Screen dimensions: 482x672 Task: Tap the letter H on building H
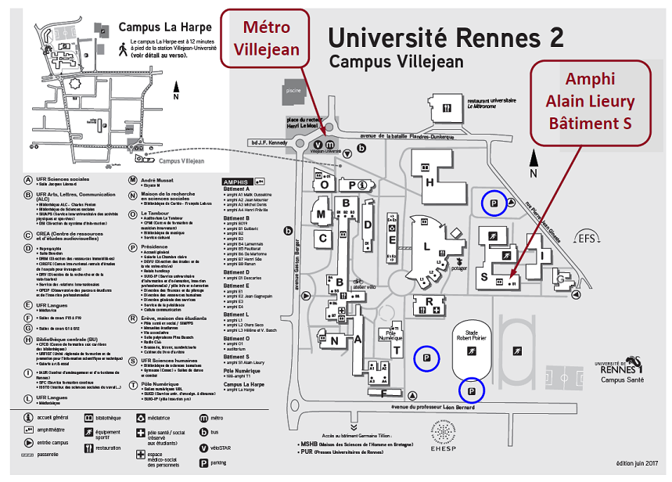pos(429,182)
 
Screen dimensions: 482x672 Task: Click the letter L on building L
pos(426,247)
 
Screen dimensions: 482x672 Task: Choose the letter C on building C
pos(322,238)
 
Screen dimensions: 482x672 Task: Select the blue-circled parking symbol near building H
pos(493,203)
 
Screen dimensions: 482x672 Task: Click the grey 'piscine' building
pos(293,90)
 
